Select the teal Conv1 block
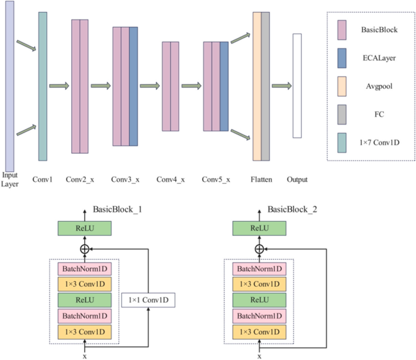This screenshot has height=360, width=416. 43,86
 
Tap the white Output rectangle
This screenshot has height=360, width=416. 297,86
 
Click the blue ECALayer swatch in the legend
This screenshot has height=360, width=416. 342,58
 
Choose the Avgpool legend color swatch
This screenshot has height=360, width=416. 342,86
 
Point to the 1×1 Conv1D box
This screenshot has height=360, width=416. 148,300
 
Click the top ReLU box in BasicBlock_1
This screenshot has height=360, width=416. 84,228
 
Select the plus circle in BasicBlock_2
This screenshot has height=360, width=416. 258,249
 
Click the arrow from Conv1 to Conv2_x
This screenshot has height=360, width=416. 59,86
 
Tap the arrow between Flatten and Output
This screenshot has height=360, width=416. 281,86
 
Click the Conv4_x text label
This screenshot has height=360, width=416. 171,180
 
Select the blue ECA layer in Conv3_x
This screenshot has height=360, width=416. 134,86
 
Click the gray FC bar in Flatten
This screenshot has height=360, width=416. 265,86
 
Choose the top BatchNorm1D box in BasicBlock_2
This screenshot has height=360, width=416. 258,269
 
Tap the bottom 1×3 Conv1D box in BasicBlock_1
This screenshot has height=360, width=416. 84,331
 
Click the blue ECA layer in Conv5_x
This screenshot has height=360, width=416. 224,86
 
